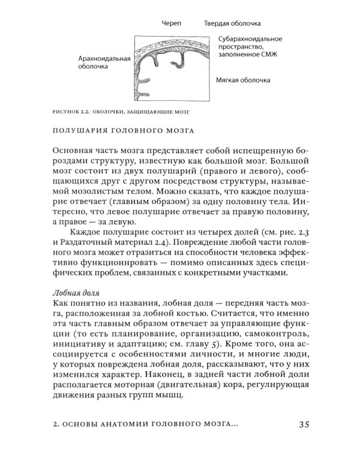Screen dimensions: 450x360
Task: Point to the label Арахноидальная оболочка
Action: click(x=104, y=63)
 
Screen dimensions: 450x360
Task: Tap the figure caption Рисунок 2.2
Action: click(x=74, y=111)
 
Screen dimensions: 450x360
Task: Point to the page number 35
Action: click(x=303, y=424)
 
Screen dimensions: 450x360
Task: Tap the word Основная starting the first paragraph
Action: click(x=75, y=149)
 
